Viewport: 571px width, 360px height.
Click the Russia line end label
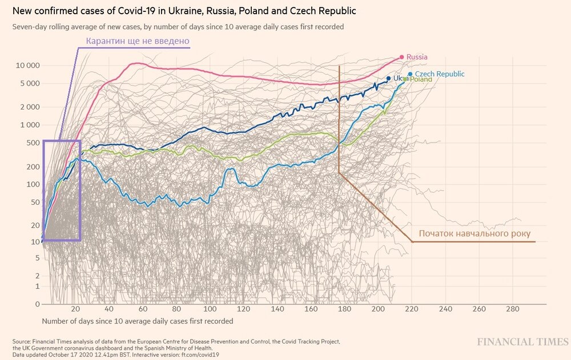tap(417, 57)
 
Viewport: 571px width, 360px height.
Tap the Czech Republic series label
tap(439, 74)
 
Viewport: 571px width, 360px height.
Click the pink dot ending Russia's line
tap(402, 57)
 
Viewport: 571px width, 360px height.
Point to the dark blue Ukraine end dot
tap(388, 78)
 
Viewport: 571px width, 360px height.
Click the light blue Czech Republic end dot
tap(410, 74)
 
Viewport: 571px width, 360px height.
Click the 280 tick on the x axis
tap(512, 309)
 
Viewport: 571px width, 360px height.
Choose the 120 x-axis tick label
tap(244, 309)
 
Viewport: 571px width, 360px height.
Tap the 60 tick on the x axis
tap(143, 309)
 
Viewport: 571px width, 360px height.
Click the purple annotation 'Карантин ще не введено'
tap(137, 41)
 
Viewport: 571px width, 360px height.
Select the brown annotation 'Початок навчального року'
tap(475, 233)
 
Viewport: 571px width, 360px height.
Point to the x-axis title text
tap(137, 321)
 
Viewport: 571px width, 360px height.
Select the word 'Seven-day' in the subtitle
tap(28, 27)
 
